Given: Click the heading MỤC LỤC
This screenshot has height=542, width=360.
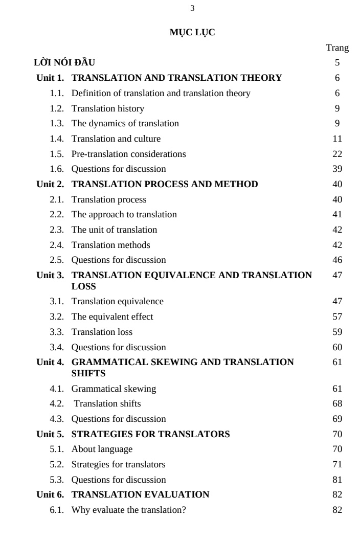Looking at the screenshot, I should pyautogui.click(x=192, y=33).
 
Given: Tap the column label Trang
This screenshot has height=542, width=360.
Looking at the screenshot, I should pyautogui.click(x=337, y=48).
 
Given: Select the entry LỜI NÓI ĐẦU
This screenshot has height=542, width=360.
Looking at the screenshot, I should pyautogui.click(x=64, y=63).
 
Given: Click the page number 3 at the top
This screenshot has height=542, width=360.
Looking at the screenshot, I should pyautogui.click(x=192, y=8).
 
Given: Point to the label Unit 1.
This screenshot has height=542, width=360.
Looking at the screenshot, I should pyautogui.click(x=50, y=78).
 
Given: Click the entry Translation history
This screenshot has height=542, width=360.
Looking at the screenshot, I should pyautogui.click(x=108, y=108).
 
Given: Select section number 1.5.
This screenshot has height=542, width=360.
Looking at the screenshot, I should pyautogui.click(x=57, y=154).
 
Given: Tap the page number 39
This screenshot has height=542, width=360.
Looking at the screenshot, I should pyautogui.click(x=337, y=169).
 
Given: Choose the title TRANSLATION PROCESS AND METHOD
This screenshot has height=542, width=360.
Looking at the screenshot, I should pyautogui.click(x=165, y=184).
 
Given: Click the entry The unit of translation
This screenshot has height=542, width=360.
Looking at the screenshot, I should pyautogui.click(x=114, y=230).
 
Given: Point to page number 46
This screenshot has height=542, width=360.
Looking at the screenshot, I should pyautogui.click(x=337, y=260).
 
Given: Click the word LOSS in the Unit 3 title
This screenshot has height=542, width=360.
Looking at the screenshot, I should pyautogui.click(x=84, y=286).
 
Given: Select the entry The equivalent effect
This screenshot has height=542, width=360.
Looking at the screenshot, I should pyautogui.click(x=112, y=317).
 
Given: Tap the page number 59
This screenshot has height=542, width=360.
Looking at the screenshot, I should pyautogui.click(x=337, y=332).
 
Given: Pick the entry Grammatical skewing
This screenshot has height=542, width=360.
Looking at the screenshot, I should pyautogui.click(x=114, y=389).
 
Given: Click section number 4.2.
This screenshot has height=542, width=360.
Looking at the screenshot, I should pyautogui.click(x=57, y=403).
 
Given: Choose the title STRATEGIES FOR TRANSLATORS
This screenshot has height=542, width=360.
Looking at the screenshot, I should pyautogui.click(x=150, y=434).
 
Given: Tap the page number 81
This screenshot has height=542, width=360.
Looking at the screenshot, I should pyautogui.click(x=337, y=480).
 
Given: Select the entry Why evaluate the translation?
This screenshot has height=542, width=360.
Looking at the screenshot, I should pyautogui.click(x=128, y=510).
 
